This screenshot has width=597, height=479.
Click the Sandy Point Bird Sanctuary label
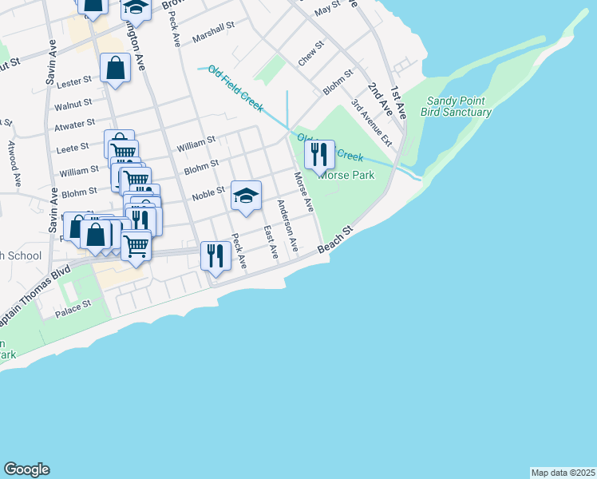(x=459, y=106)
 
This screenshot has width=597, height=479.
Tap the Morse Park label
(x=346, y=174)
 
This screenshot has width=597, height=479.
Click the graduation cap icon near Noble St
(x=246, y=195)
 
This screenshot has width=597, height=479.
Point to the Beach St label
(x=335, y=240)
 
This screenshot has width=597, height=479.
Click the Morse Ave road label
(x=303, y=192)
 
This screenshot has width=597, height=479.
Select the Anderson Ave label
(x=287, y=227)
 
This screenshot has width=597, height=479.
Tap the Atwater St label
(x=74, y=123)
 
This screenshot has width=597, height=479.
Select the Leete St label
(x=73, y=149)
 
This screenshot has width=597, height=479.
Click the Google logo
(x=26, y=469)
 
